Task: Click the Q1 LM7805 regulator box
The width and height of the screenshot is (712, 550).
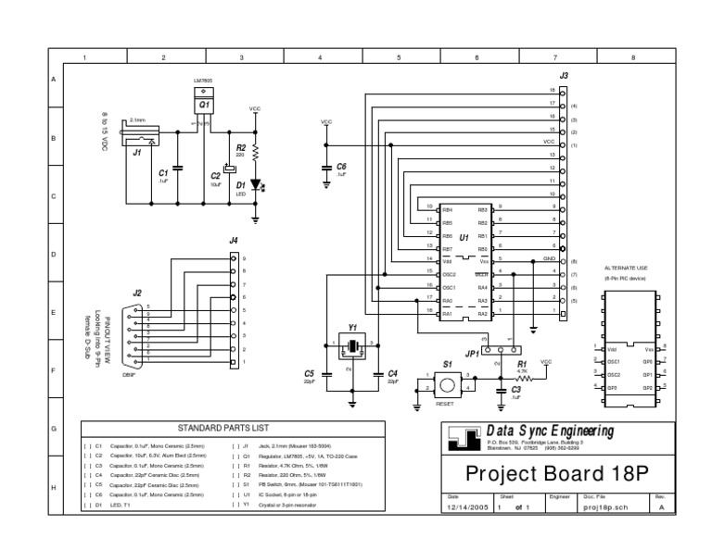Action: coord(204,106)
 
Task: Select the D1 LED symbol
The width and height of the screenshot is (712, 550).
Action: coord(255,185)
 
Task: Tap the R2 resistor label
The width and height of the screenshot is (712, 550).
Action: coord(241,147)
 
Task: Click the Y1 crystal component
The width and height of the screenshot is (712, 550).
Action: coord(352,347)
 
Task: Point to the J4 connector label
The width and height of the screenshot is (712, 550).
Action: coord(233,241)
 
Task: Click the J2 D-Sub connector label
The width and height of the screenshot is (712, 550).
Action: coord(137,294)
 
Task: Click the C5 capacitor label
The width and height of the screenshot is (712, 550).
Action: coord(309,373)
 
